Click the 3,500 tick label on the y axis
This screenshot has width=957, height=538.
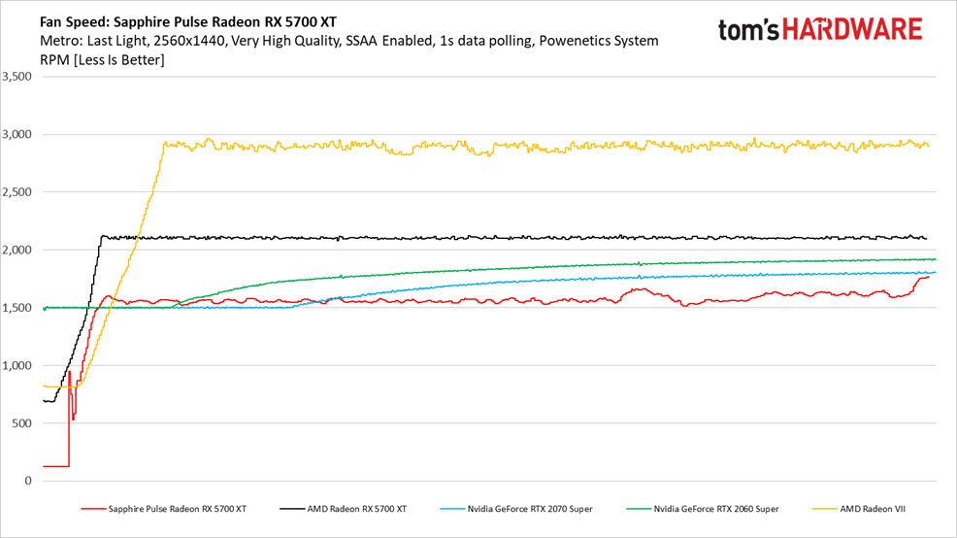pos(16,77)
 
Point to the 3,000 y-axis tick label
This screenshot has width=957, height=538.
pos(16,134)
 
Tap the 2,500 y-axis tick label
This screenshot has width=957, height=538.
pos(16,192)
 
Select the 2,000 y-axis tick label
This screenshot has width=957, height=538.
pos(16,250)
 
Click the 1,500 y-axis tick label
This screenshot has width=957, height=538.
pos(16,308)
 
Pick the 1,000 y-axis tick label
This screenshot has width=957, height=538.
pos(16,365)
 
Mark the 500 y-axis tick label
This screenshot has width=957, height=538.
pos(22,423)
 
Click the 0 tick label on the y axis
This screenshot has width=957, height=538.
pos(28,481)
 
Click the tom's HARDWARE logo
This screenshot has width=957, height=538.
pos(820,29)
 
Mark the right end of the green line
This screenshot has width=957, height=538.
pos(935,259)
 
